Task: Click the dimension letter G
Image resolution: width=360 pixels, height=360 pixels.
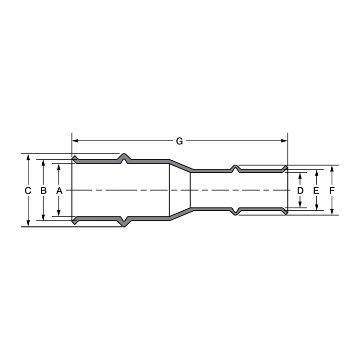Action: (x=180, y=141)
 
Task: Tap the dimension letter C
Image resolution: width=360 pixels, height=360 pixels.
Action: (x=28, y=191)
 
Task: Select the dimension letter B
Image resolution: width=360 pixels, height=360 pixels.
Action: (x=43, y=191)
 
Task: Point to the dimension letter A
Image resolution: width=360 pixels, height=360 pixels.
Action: (x=59, y=191)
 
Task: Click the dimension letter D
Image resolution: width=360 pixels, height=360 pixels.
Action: (x=300, y=191)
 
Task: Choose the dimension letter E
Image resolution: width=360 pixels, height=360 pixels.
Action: (x=316, y=191)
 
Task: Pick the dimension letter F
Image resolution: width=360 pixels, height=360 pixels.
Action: (x=332, y=191)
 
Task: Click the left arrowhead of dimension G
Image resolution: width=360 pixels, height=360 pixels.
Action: (x=75, y=141)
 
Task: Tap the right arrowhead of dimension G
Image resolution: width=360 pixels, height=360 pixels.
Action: (x=284, y=141)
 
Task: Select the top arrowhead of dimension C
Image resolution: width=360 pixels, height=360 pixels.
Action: (x=28, y=157)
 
